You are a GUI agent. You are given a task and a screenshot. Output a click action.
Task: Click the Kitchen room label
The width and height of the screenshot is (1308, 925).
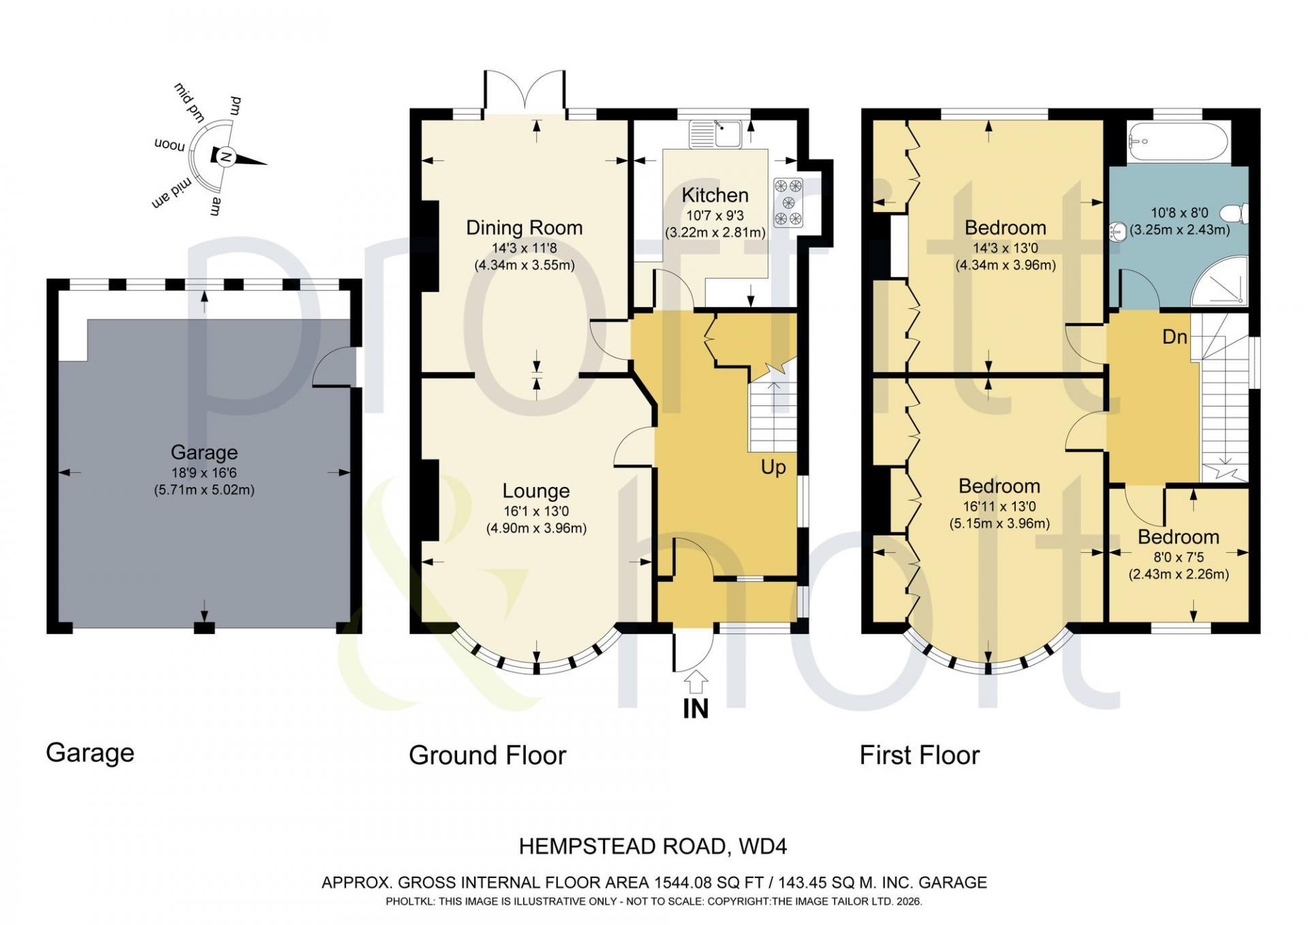[x=715, y=195]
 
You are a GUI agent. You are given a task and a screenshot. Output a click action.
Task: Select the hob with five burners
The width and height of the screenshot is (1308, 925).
[x=788, y=202]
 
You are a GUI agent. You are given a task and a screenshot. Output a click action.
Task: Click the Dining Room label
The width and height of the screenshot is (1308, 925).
[x=524, y=228]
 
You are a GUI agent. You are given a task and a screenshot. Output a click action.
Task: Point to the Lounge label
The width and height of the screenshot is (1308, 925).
[x=536, y=490]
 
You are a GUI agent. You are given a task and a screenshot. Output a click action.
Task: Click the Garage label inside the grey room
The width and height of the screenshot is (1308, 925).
[x=204, y=452]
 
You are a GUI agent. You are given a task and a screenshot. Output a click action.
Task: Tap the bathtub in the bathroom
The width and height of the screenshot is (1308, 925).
[x=1177, y=141]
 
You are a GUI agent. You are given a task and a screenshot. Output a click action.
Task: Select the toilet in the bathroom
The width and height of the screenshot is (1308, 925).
[x=1234, y=213]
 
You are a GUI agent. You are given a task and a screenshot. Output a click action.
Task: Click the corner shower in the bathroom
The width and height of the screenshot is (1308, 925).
[x=1219, y=281]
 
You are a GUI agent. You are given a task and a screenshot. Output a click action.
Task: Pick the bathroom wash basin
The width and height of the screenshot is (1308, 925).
[x=1117, y=232]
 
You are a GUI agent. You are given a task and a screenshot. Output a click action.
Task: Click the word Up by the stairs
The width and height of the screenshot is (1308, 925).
[x=773, y=468]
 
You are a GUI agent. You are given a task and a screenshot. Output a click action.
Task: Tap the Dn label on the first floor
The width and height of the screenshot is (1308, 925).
[x=1174, y=336]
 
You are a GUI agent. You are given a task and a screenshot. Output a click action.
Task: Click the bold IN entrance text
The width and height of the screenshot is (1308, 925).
[x=696, y=708]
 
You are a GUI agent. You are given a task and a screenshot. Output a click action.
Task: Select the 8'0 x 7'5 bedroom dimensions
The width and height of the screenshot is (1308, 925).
[x=1179, y=556]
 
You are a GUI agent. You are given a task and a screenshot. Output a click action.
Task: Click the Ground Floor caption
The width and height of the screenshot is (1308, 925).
[x=487, y=755]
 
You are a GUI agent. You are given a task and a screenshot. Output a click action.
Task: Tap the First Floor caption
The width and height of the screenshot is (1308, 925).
[x=919, y=755]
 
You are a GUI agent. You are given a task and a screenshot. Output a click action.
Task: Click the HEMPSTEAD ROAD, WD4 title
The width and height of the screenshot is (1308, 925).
[x=653, y=847]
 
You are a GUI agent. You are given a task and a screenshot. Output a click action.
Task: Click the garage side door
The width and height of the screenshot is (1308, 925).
[x=335, y=367]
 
